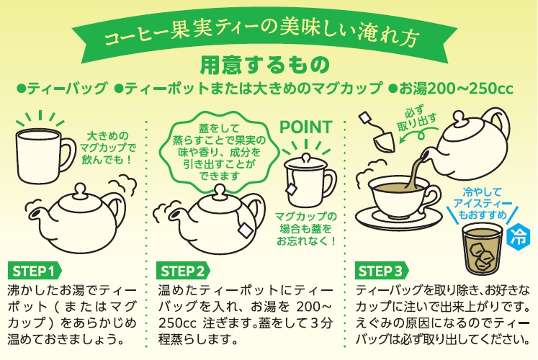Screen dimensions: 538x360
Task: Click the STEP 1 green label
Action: (35, 271)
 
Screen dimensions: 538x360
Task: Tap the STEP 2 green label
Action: (183, 271)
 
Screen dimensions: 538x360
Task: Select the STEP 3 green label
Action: (381, 271)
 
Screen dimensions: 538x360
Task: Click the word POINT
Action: (305, 127)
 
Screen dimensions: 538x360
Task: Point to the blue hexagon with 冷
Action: (518, 236)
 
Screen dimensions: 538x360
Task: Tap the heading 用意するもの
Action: (265, 65)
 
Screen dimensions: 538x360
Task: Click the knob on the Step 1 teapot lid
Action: (80, 189)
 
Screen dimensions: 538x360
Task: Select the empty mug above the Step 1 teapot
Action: (45, 156)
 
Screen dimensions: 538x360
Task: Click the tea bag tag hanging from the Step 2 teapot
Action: (246, 230)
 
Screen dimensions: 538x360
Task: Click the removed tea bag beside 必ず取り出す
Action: (384, 141)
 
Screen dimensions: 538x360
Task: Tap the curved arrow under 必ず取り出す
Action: (418, 133)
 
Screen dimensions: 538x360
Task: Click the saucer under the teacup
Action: (399, 219)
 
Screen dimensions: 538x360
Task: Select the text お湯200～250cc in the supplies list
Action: (451, 89)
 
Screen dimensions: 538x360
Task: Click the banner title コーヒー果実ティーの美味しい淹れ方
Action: (261, 35)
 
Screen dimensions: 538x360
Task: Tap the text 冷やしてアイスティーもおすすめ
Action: (482, 203)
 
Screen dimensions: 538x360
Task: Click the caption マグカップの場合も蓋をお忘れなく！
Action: (306, 229)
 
